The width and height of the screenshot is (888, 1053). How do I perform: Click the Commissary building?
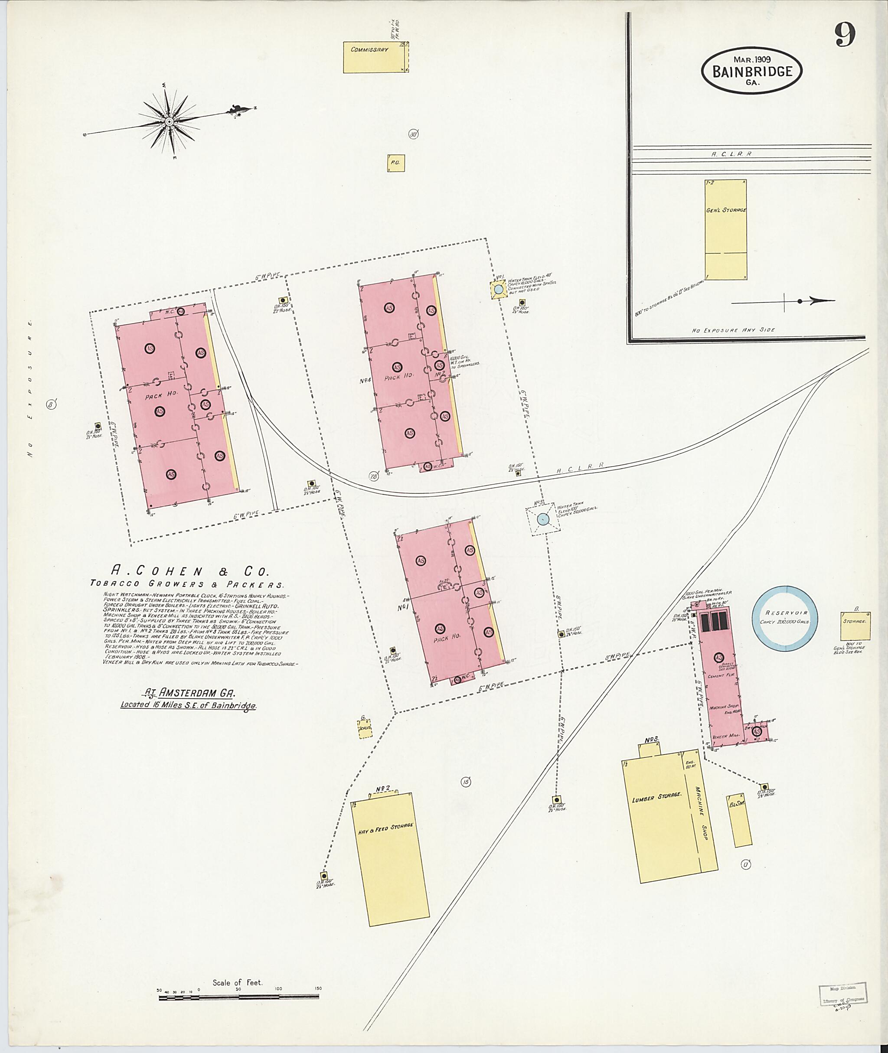[x=375, y=57]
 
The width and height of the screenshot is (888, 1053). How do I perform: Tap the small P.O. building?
[x=396, y=163]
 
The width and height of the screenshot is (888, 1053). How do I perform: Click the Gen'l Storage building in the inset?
[x=725, y=229]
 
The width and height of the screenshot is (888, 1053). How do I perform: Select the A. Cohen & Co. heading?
[x=190, y=571]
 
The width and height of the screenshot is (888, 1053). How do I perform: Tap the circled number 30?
[x=413, y=134]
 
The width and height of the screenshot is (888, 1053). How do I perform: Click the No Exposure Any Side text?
[x=732, y=330]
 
